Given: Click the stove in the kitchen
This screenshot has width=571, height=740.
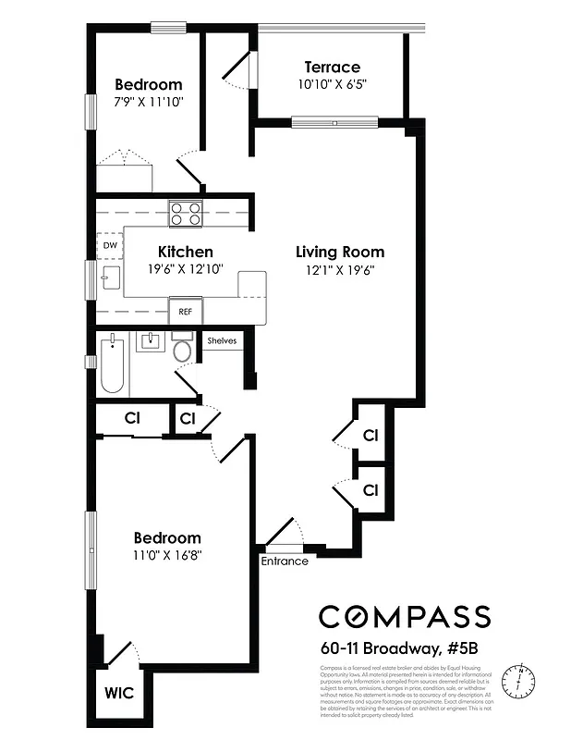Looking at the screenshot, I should click(186, 214).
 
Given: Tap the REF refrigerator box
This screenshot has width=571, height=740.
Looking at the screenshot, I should click(186, 312).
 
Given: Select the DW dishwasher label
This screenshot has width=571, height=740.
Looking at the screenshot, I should click(110, 244).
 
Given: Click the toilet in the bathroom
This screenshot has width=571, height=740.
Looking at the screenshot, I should click(182, 350).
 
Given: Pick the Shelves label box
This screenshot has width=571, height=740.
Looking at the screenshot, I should click(222, 340).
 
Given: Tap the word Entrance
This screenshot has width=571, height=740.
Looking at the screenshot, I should click(285, 561).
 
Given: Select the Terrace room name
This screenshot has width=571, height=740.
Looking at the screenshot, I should click(332, 68).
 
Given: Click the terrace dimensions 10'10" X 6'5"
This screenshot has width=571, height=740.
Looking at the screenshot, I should click(332, 85).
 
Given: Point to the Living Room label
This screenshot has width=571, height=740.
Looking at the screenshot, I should click(340, 252).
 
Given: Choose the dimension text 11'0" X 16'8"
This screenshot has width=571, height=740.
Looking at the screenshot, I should click(167, 555).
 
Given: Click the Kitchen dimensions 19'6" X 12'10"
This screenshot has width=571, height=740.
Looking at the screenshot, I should click(186, 269).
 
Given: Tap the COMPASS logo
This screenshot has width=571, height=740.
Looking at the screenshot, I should click(404, 616).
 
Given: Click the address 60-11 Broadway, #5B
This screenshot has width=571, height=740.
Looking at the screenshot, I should click(404, 647).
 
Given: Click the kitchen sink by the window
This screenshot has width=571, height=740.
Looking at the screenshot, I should click(111, 277).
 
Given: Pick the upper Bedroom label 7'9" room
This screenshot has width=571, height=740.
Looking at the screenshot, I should click(148, 84).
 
